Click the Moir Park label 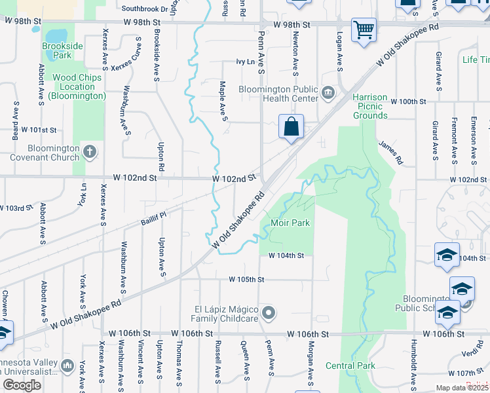[x=290, y=223]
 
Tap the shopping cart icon [x=364, y=29]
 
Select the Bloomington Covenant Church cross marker [x=90, y=153]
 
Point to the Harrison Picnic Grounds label [x=370, y=106]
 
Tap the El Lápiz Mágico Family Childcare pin [x=268, y=314]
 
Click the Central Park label [x=349, y=365]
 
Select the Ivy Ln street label [x=245, y=62]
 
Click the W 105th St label [x=246, y=280]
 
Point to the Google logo [x=22, y=385]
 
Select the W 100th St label [x=408, y=102]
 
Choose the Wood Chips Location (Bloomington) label [x=79, y=86]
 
